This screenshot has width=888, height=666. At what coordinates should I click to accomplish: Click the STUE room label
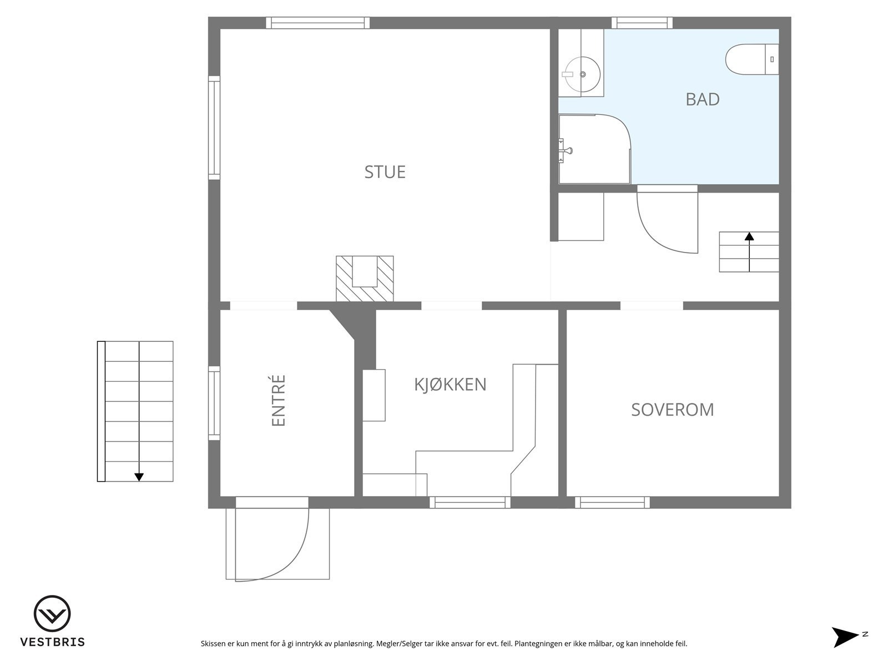[x=385, y=172]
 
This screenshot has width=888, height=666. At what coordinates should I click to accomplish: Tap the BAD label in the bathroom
[x=702, y=99]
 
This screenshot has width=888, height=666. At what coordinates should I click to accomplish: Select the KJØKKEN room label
[x=450, y=385]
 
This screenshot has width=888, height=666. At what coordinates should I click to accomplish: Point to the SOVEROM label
[x=672, y=410]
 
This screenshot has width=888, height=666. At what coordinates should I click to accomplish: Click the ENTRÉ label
[x=279, y=401]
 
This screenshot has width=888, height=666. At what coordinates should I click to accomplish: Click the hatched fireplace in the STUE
[x=365, y=279]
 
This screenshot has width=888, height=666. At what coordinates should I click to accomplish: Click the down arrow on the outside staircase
[x=139, y=476]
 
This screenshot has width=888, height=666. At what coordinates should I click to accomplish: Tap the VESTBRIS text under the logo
[x=52, y=642]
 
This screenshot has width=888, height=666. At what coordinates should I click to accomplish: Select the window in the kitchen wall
[x=470, y=502]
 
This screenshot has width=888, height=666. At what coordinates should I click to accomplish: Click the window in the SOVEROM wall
[x=612, y=502]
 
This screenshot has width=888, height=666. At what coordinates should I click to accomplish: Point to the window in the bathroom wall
[x=642, y=23]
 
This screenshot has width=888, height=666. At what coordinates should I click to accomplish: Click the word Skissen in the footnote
[x=214, y=644]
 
